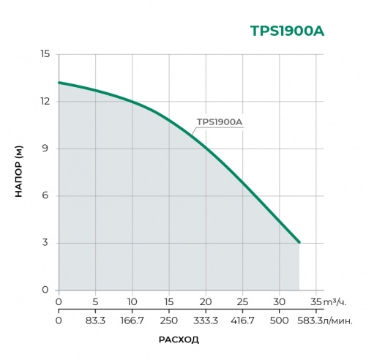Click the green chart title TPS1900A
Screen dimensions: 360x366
(x=287, y=31)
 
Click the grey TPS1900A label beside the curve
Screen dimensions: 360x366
(x=220, y=123)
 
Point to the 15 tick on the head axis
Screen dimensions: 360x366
(x=45, y=54)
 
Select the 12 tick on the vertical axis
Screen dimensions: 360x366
(x=45, y=101)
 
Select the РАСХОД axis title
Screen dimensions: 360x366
(x=179, y=340)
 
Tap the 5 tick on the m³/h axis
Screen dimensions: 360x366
(x=95, y=301)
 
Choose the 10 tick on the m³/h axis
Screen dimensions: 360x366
(x=132, y=301)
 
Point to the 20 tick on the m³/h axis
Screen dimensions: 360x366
(x=206, y=301)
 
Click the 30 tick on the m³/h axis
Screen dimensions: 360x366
(x=279, y=301)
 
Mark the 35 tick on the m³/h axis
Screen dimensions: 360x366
(x=315, y=301)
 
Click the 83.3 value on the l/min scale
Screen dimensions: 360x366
(x=95, y=320)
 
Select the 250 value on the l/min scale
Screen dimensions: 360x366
(x=169, y=320)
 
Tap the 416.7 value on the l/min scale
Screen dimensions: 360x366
(x=242, y=320)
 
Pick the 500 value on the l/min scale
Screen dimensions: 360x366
(x=279, y=320)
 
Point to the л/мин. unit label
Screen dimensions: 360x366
(x=339, y=320)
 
